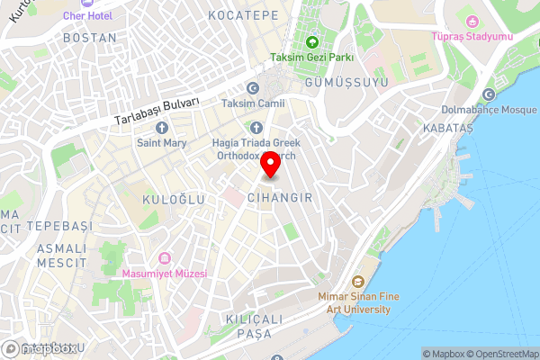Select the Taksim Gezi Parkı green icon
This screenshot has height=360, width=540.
click(311, 41)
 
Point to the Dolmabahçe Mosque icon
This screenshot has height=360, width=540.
click(489, 94)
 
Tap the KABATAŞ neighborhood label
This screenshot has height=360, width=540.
click(447, 129)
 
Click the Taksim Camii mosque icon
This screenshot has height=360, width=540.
click(253, 88)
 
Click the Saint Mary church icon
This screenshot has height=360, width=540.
click(163, 127)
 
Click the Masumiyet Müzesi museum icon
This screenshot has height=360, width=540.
click(164, 258)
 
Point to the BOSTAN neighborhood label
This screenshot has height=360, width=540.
click(90, 38)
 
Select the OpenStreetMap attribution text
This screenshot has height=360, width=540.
click(500, 353)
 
